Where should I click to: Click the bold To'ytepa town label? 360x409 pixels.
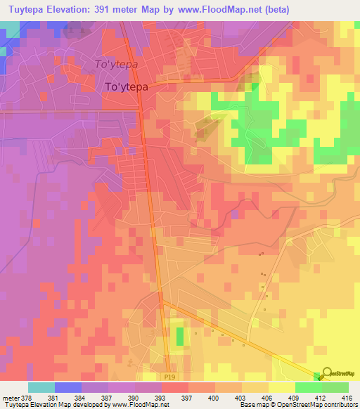point(127,88)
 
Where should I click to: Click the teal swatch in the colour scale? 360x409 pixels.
point(41,387)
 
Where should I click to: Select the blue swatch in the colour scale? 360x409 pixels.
point(67,387)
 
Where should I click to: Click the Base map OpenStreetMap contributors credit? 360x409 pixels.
point(297,405)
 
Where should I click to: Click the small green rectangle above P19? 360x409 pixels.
point(179,337)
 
